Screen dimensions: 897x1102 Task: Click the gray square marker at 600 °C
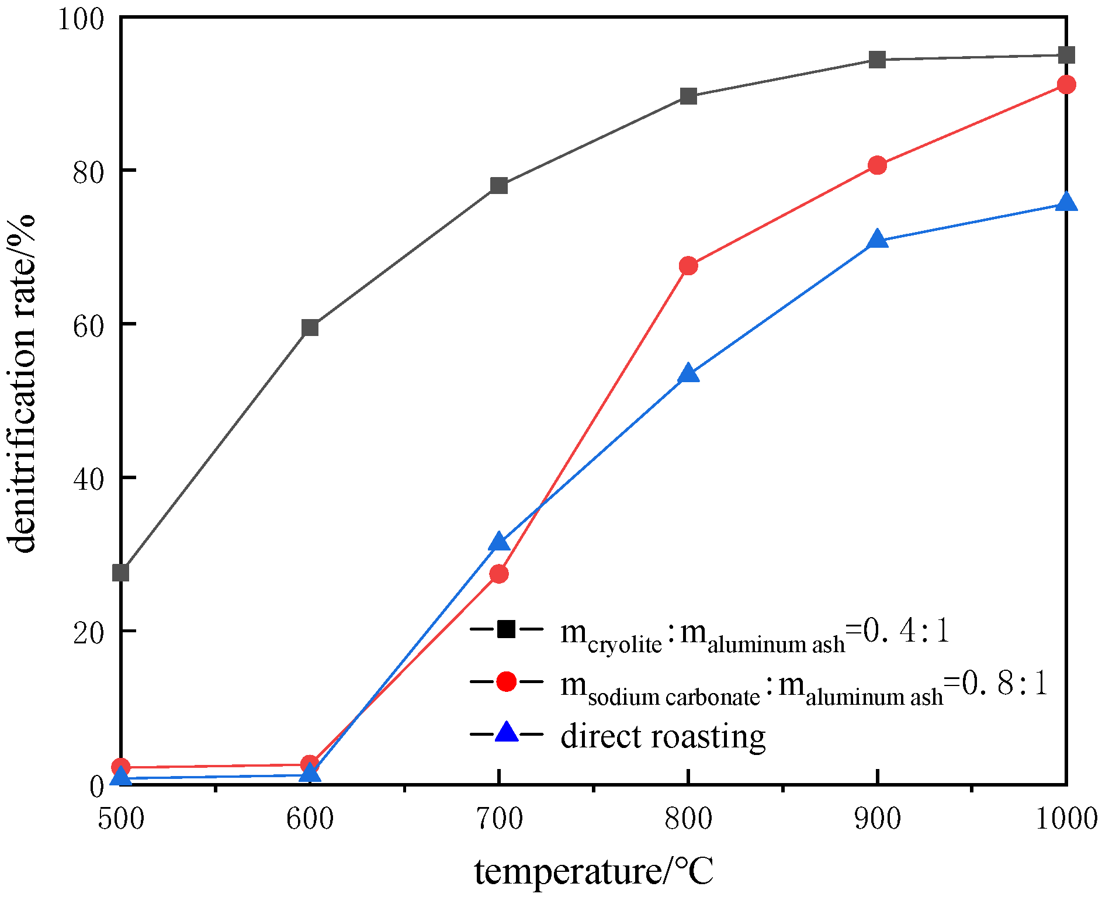click(x=310, y=328)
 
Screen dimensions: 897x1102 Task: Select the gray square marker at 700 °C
click(x=499, y=186)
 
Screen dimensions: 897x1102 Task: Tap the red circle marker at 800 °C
click(x=688, y=266)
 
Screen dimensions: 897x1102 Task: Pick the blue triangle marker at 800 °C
click(x=688, y=374)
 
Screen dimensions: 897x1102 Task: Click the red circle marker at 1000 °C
click(x=1066, y=85)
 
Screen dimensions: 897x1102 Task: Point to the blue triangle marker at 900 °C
click(x=877, y=240)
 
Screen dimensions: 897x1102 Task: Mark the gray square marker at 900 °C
click(x=877, y=60)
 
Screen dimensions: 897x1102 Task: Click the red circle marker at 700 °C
click(x=499, y=574)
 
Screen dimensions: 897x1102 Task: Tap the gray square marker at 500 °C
click(x=121, y=573)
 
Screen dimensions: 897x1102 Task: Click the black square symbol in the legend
click(x=506, y=629)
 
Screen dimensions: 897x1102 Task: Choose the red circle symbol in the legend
click(x=506, y=681)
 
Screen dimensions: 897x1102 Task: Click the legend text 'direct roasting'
click(x=663, y=736)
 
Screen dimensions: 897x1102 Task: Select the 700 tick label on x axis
click(x=499, y=819)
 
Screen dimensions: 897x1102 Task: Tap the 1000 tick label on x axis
click(x=1066, y=819)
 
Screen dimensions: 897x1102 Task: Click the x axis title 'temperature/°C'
click(x=594, y=871)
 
